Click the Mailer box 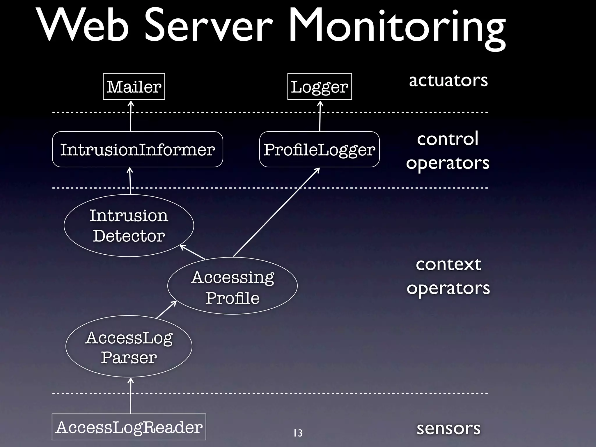coord(134,86)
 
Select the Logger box coord(319,86)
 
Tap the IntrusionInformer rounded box coord(137,149)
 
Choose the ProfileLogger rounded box coord(319,149)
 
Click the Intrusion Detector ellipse coord(129,226)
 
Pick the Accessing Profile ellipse coord(232,286)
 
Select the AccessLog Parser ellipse coord(129,346)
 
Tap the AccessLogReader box coord(129,427)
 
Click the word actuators coord(448,80)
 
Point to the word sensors coord(448,428)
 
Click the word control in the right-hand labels coord(448,139)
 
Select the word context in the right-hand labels coord(448,264)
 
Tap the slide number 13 coord(298,433)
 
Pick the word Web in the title coord(83,26)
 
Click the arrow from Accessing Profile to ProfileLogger coord(276,212)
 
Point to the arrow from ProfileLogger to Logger coord(320,116)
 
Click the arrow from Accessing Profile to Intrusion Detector coord(193,252)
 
